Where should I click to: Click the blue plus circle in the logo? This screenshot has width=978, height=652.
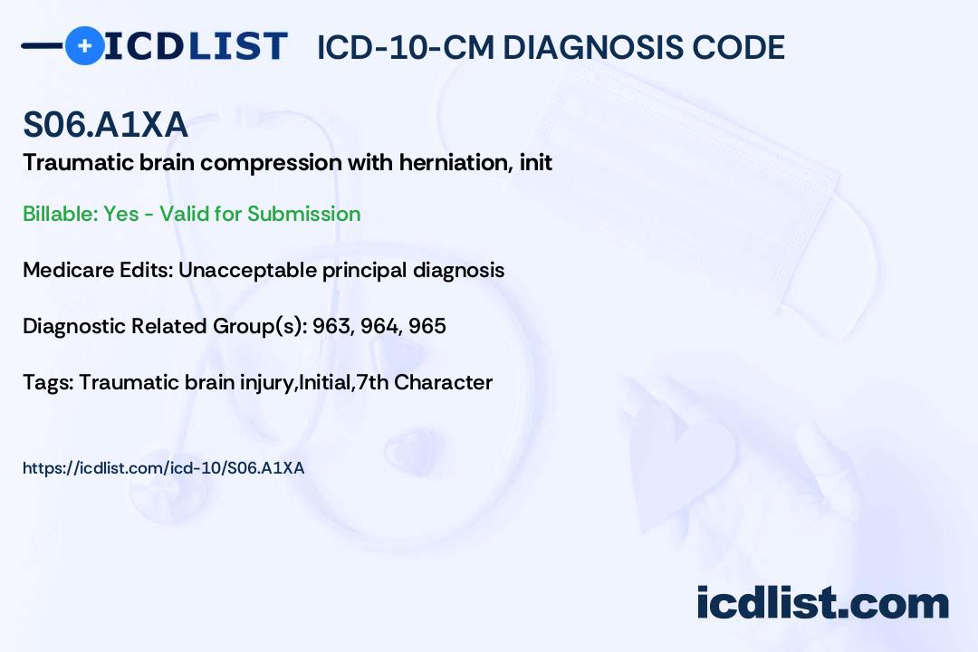(x=84, y=45)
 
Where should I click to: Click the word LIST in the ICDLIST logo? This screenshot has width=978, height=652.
(x=237, y=46)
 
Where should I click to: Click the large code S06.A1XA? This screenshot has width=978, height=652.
(x=105, y=124)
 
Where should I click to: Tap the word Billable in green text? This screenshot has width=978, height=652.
(x=60, y=214)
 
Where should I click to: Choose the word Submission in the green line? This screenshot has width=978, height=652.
(x=303, y=214)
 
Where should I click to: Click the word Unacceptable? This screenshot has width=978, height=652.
(x=247, y=270)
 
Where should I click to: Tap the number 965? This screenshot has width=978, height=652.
(x=427, y=326)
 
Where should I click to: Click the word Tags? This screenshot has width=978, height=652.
(x=48, y=382)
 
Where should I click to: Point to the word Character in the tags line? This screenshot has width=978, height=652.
(x=444, y=382)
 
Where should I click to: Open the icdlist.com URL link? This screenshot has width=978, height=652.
(x=163, y=468)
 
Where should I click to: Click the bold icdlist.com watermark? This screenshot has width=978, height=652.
(x=822, y=603)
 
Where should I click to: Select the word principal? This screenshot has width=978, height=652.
(x=364, y=270)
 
